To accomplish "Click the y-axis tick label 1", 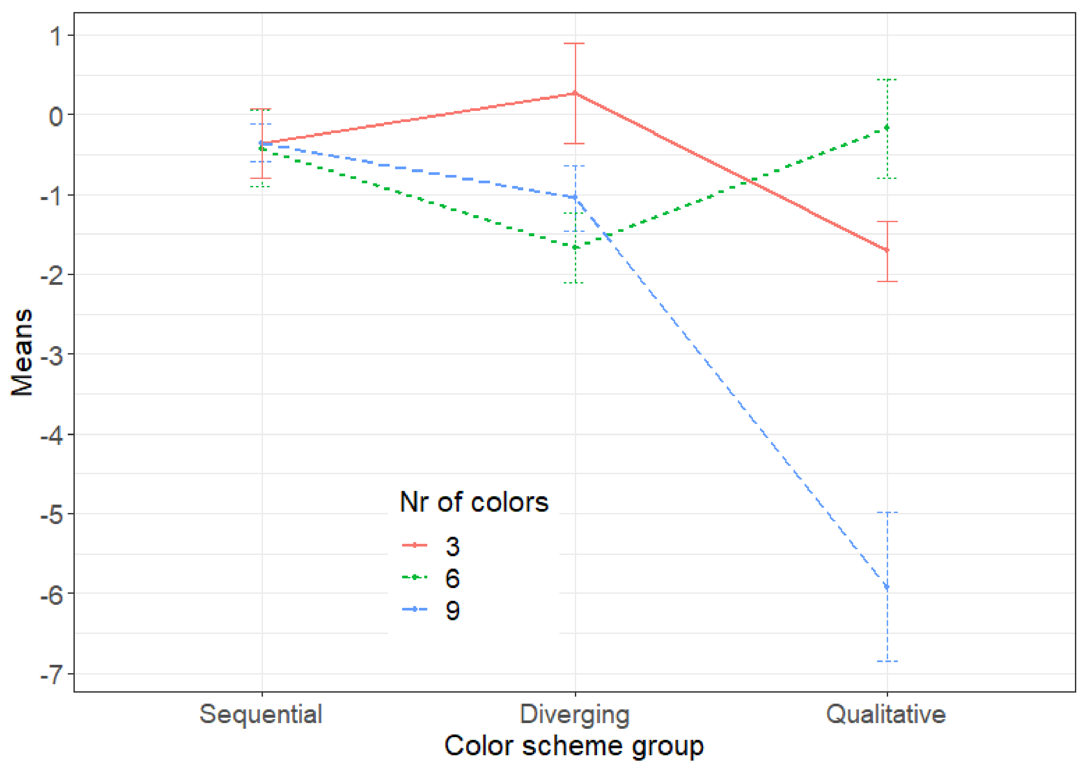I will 56,36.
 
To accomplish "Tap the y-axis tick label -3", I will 52,355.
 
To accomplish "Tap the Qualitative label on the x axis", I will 886,714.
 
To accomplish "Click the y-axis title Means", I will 22,353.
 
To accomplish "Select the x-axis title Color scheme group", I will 574,746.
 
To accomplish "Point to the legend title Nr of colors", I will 474,502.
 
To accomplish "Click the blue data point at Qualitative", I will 887,587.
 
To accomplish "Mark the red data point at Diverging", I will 575,93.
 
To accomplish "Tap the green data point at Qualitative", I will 887,127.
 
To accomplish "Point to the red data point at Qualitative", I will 887,250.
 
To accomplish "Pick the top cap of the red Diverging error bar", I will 575,44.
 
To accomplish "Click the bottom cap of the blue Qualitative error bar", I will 887,661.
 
